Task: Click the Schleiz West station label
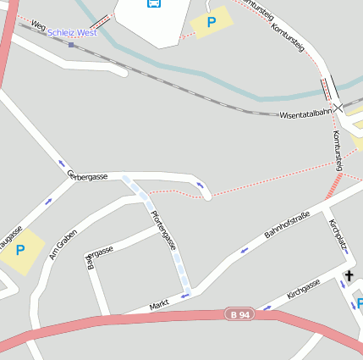[x=72, y=32]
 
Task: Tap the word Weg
[x=37, y=26]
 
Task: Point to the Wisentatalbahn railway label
[x=305, y=113]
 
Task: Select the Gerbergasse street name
[x=87, y=175]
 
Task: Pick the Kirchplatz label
[x=338, y=236]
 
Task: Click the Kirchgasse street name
[x=303, y=290]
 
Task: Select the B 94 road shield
[x=239, y=314]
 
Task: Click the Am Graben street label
[x=63, y=245]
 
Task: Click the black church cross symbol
[x=349, y=276]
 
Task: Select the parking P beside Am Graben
[x=19, y=250]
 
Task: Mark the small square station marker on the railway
[x=71, y=45]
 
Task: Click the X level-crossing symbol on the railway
[x=338, y=108]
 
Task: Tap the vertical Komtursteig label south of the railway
[x=338, y=151]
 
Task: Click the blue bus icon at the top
[x=154, y=3]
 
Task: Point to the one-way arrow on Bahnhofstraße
[x=245, y=250]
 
